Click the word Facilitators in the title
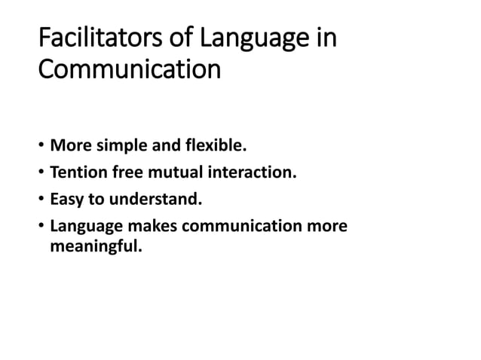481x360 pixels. coord(89,37)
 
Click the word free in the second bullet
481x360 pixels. coord(130,173)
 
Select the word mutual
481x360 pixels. coord(180,173)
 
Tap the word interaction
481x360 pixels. coord(254,173)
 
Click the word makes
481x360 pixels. coord(151,227)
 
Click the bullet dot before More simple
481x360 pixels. coord(41,143)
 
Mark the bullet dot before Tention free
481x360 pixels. coord(41,174)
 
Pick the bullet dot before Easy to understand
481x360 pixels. coord(41,200)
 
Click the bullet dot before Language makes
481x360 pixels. coord(41,227)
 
